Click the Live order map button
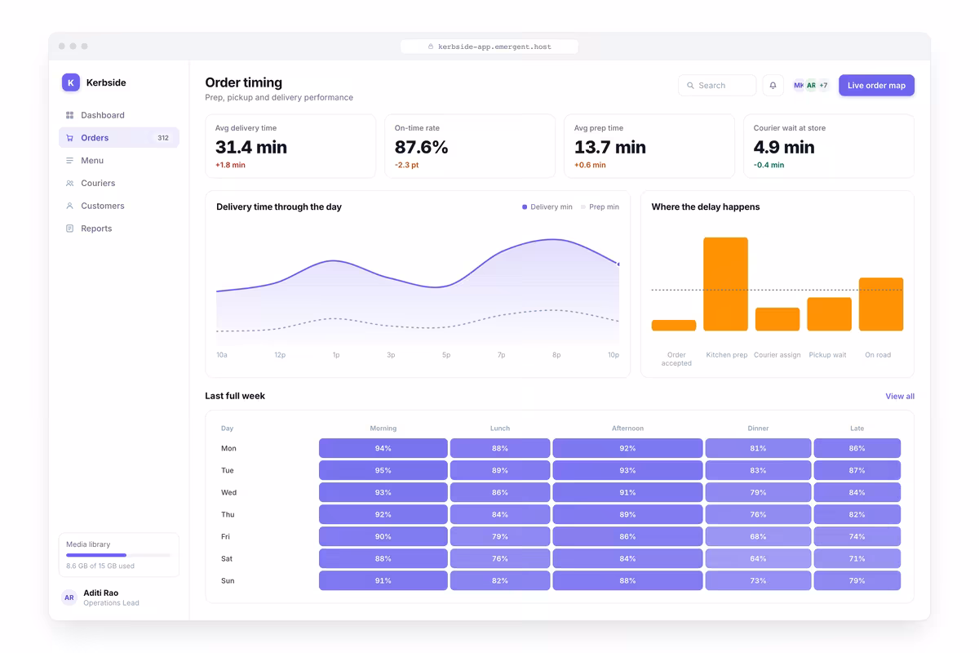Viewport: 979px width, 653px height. point(876,85)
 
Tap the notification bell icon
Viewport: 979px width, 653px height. point(773,85)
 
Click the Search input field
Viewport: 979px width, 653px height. point(717,85)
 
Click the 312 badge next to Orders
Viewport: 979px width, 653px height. point(163,138)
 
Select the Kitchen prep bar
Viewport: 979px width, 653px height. point(725,284)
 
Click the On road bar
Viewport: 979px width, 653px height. point(880,304)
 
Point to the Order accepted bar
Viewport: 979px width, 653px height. point(674,326)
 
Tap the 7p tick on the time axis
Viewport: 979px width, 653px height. point(501,355)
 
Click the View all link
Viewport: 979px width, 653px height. point(900,396)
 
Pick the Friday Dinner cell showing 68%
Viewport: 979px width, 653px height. point(758,536)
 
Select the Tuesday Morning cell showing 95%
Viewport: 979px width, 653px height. point(383,470)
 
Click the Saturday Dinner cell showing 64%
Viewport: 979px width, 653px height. point(758,558)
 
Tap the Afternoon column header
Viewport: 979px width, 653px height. point(627,429)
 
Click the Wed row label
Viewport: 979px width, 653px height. point(228,492)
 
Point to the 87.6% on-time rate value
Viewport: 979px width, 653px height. point(421,147)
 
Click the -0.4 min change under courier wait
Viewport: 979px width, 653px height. point(769,165)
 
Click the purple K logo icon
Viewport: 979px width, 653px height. point(71,82)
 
